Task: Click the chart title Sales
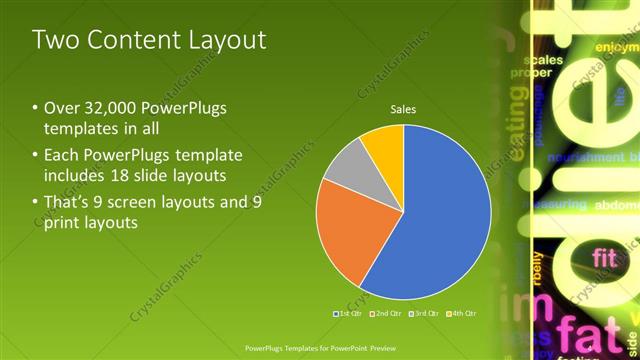pyautogui.click(x=403, y=109)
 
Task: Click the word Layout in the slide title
pyautogui.click(x=224, y=40)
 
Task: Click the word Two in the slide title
pyautogui.click(x=54, y=40)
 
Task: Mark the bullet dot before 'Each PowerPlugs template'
pyautogui.click(x=36, y=156)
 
